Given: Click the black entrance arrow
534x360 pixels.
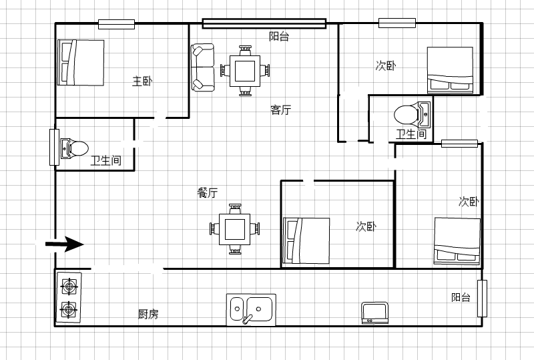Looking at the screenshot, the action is pos(65,244).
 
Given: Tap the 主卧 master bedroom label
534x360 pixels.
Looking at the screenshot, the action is pos(142,81).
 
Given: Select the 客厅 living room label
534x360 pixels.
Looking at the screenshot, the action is pos(280,110).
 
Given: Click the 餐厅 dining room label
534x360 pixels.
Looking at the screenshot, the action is pos(208,192).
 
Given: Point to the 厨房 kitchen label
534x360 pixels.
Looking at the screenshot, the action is pos(148,314).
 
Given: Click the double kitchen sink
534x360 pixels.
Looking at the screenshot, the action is pos(252,309).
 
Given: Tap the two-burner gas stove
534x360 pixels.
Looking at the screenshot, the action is pos(69,297).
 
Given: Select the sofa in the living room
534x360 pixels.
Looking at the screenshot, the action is pos(203,67).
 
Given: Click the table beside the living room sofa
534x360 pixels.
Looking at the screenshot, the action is pos(245,71).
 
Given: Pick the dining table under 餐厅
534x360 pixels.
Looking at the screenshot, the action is pos(235,228).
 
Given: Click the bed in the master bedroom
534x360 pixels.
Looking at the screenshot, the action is pos(81,62).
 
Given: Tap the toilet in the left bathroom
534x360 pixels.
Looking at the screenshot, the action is pos(75,149).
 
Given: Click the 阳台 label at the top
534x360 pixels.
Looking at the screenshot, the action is pos(279,37).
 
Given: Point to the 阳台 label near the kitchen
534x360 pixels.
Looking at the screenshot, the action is pos(461,297).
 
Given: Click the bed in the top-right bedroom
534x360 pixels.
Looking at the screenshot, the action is pos(450,70).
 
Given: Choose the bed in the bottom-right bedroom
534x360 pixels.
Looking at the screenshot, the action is pos(457,241).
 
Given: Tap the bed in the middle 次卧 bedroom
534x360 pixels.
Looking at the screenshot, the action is pos(306,240).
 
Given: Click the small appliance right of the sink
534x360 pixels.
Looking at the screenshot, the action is pos(374,313).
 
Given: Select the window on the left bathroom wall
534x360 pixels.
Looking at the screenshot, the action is pos(55,147).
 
